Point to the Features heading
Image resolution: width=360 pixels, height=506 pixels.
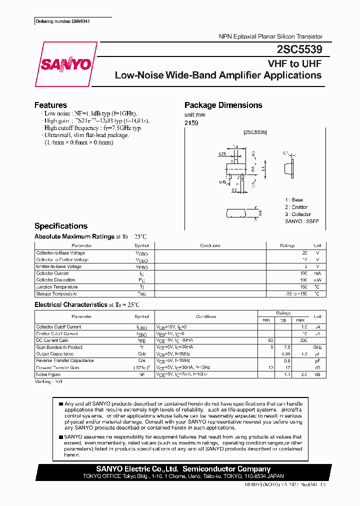[50, 105]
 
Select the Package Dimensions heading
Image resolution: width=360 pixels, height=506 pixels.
[223, 105]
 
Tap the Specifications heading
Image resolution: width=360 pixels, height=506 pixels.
[60, 226]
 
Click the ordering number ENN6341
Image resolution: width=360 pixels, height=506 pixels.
[63, 21]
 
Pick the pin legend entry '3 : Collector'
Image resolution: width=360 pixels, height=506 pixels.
[298, 214]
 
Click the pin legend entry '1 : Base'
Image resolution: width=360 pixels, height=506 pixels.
[294, 200]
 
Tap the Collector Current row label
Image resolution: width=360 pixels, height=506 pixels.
[52, 273]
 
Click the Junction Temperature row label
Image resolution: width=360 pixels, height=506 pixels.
[57, 287]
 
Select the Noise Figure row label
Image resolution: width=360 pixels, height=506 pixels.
[48, 374]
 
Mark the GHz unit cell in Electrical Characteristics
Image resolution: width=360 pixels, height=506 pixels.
[317, 347]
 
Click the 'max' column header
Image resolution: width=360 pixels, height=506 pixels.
[300, 320]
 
